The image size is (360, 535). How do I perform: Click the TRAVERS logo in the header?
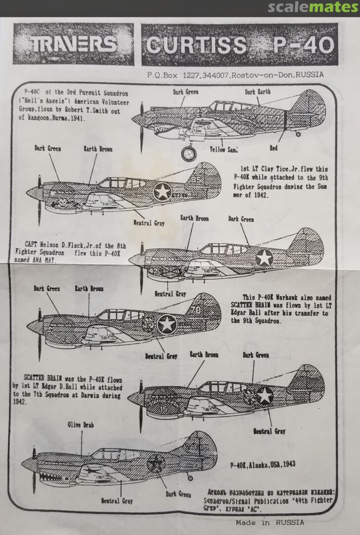click(x=73, y=45)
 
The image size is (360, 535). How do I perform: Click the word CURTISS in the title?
click(x=197, y=46)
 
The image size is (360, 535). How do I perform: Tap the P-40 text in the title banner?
click(x=303, y=46)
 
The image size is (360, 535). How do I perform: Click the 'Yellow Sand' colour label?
click(x=224, y=149)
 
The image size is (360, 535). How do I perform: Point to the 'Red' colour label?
click(x=273, y=148)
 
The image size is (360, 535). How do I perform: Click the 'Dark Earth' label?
click(x=257, y=92)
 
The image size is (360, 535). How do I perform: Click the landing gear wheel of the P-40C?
click(x=189, y=154)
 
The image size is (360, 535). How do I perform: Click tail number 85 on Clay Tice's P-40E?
click(x=197, y=180)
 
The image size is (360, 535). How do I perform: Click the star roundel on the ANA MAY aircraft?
click(x=264, y=258)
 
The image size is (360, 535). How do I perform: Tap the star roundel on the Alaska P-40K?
click(x=156, y=464)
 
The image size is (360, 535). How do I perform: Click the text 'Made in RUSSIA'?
click(x=270, y=522)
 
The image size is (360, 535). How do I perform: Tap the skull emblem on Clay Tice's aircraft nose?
click(x=62, y=203)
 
